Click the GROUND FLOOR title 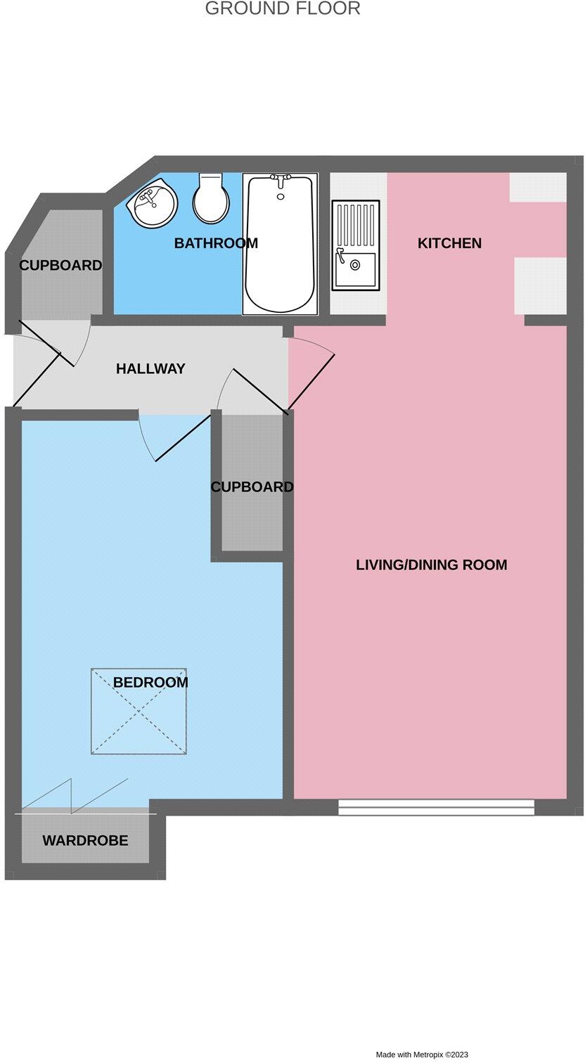point(283,8)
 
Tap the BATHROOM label point(216,243)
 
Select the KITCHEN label point(449,243)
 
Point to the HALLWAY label point(150,368)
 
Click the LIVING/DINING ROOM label point(431,565)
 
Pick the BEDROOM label point(150,682)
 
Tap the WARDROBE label point(85,840)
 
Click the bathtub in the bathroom point(280,244)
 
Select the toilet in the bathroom point(210,199)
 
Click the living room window point(436,807)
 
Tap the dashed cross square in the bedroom point(139,711)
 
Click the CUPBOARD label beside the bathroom point(60,266)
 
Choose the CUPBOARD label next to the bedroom point(252,487)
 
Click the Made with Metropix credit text point(421,1055)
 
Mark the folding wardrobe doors point(74,794)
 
